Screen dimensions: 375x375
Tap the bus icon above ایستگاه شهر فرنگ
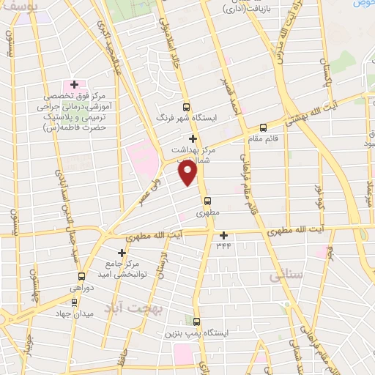pyautogui.click(x=186, y=106)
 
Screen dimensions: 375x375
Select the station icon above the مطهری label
pyautogui.click(x=207, y=201)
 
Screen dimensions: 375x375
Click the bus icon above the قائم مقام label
pyautogui.click(x=263, y=129)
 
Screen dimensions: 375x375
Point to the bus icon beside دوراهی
pyautogui.click(x=81, y=277)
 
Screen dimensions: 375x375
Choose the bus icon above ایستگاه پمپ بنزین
pyautogui.click(x=196, y=320)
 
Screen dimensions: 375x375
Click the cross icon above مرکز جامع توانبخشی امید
pyautogui.click(x=122, y=252)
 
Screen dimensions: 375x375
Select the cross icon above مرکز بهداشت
pyautogui.click(x=193, y=138)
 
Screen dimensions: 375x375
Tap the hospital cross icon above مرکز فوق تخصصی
pyautogui.click(x=74, y=85)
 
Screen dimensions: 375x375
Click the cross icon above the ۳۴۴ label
pyautogui.click(x=223, y=235)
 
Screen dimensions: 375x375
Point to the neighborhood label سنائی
pyautogui.click(x=286, y=277)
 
